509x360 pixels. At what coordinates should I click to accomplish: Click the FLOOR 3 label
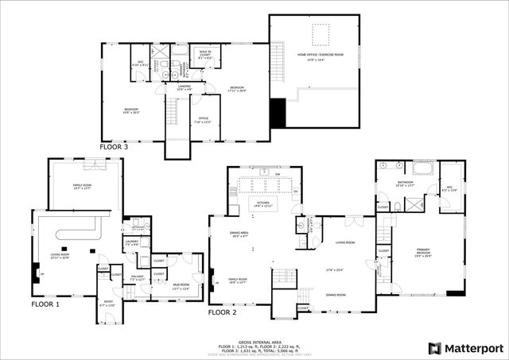(x=114, y=147)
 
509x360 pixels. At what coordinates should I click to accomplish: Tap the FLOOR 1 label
(x=45, y=304)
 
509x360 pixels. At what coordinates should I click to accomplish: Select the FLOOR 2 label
(x=223, y=312)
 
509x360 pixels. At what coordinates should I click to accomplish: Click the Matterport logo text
(x=470, y=348)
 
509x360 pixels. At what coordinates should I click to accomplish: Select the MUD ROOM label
(x=181, y=285)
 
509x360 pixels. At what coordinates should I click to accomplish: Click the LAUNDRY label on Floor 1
(x=131, y=242)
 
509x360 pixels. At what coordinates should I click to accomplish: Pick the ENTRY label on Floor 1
(x=108, y=303)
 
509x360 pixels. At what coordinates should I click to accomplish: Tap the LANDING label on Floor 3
(x=185, y=86)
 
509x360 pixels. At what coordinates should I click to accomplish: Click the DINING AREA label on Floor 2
(x=240, y=234)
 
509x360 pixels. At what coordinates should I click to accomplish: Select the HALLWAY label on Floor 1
(x=136, y=277)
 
